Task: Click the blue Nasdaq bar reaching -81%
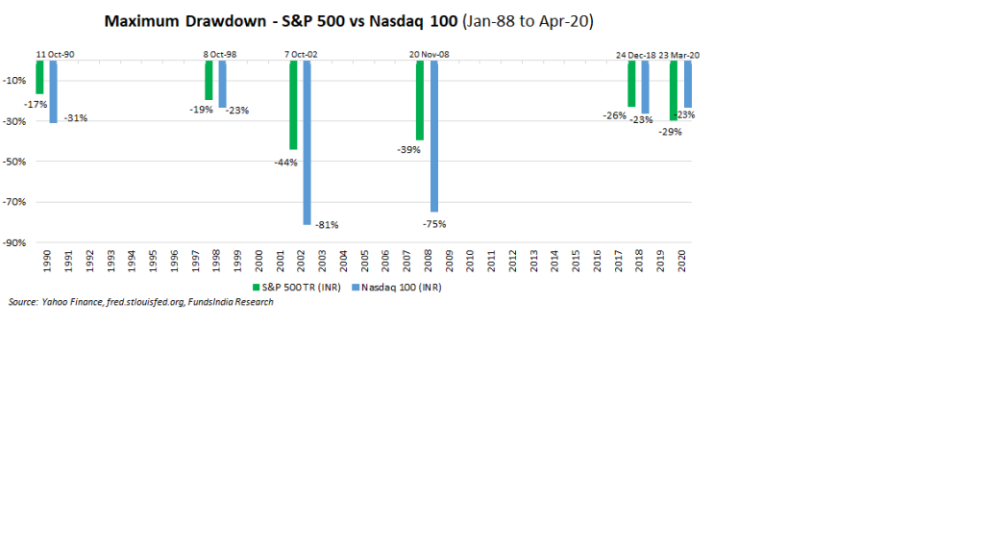pyautogui.click(x=307, y=142)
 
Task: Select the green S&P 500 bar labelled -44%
pyautogui.click(x=293, y=105)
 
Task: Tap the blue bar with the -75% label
pyautogui.click(x=434, y=136)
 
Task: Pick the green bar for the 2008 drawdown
pyautogui.click(x=420, y=100)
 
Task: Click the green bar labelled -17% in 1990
pyautogui.click(x=39, y=77)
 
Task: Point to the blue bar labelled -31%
pyautogui.click(x=54, y=91)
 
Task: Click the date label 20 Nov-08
pyautogui.click(x=428, y=55)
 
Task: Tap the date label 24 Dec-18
pyautogui.click(x=636, y=55)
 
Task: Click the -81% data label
pyautogui.click(x=328, y=225)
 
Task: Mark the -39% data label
pyautogui.click(x=406, y=150)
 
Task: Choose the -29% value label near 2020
pyautogui.click(x=671, y=132)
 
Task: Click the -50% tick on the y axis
pyautogui.click(x=16, y=162)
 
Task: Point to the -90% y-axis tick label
pyautogui.click(x=16, y=243)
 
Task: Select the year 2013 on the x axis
pyautogui.click(x=533, y=262)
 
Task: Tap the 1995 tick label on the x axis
pyautogui.click(x=153, y=262)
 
